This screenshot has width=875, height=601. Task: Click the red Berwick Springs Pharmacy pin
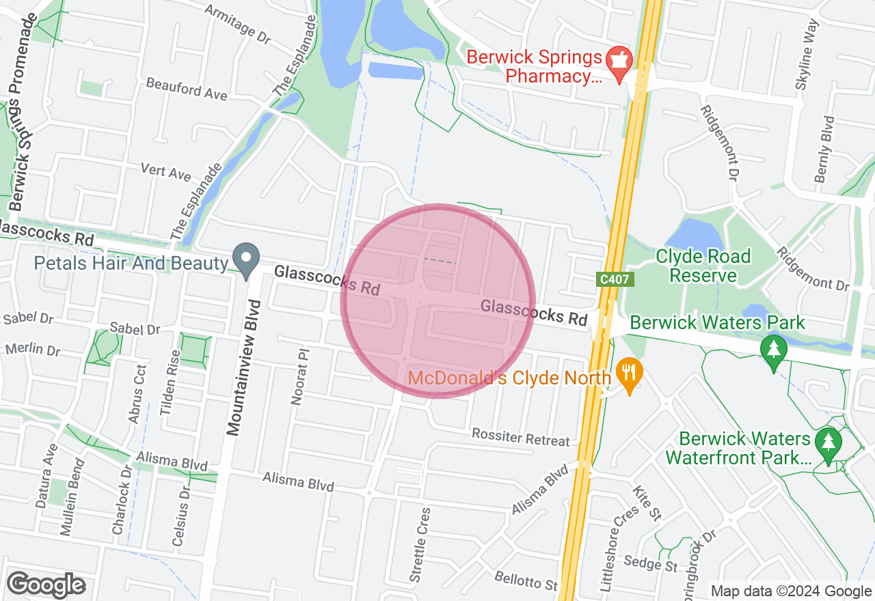click(x=619, y=63)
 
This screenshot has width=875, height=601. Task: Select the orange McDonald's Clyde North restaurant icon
click(x=628, y=375)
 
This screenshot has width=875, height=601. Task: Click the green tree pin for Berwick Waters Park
click(x=773, y=351)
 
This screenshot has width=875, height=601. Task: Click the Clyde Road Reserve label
click(x=703, y=266)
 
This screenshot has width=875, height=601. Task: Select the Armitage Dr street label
click(x=237, y=23)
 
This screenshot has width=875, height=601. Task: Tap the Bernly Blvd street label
click(x=824, y=150)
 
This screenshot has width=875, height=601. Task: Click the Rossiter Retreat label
click(x=520, y=438)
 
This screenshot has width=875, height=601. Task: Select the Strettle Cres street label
click(x=420, y=544)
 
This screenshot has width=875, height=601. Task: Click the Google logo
click(x=46, y=585)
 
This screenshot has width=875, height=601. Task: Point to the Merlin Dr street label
click(x=33, y=350)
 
